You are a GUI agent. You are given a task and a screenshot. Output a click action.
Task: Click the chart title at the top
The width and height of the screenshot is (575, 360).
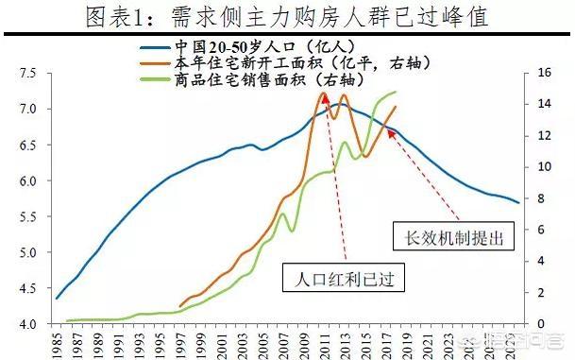click(287, 16)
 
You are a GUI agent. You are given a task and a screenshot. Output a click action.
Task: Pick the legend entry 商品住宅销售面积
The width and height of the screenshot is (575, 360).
click(249, 79)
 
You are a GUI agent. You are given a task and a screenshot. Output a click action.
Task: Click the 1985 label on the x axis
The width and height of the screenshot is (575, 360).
click(59, 343)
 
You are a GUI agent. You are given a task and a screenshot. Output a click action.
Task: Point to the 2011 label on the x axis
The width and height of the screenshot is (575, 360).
click(324, 343)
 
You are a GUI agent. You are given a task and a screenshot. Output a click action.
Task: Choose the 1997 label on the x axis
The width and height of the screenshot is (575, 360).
click(181, 343)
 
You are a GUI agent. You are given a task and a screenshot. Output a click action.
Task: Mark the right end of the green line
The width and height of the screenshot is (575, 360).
click(396, 92)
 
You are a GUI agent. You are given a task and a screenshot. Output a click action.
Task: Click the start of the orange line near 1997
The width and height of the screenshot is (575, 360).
click(179, 306)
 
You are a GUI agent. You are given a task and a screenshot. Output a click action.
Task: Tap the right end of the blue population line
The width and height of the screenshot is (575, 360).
click(518, 202)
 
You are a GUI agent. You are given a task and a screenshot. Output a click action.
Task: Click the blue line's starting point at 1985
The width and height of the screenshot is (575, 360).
click(57, 299)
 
